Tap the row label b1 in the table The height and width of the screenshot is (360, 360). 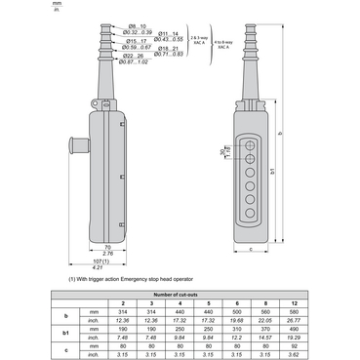pyautogui.click(x=65, y=334)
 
